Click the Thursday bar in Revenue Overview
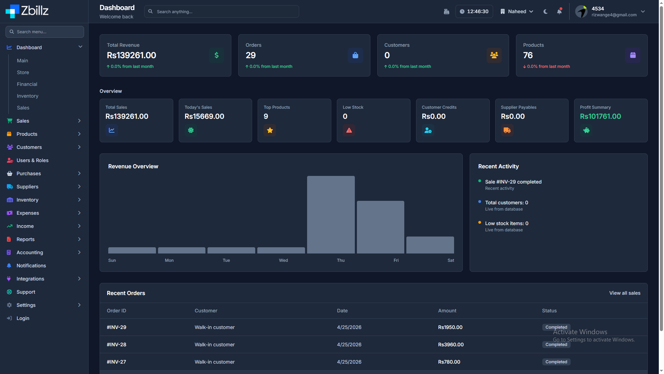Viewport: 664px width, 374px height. pos(331,215)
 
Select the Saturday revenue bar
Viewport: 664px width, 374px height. pos(430,245)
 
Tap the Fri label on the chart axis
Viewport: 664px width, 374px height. pos(396,260)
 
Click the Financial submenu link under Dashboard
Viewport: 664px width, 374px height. pos(27,84)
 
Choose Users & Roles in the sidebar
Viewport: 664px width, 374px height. pos(33,160)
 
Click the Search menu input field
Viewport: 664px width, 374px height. pos(45,32)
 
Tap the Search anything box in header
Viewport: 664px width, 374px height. pos(222,11)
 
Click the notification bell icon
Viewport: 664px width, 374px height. pos(559,11)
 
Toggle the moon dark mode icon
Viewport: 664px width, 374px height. pos(545,11)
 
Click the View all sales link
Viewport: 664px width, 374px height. pos(625,293)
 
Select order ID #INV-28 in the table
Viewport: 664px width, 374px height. pos(117,345)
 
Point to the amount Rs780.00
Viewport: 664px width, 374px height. pos(449,362)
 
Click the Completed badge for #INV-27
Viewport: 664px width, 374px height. pos(556,362)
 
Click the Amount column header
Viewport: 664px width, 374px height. pos(447,311)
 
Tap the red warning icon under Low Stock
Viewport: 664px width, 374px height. pos(349,130)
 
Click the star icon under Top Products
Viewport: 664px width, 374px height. pos(270,130)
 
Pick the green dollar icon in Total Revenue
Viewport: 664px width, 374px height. pos(216,55)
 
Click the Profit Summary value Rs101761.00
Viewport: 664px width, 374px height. pos(600,116)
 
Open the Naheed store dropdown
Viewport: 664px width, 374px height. pos(517,11)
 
